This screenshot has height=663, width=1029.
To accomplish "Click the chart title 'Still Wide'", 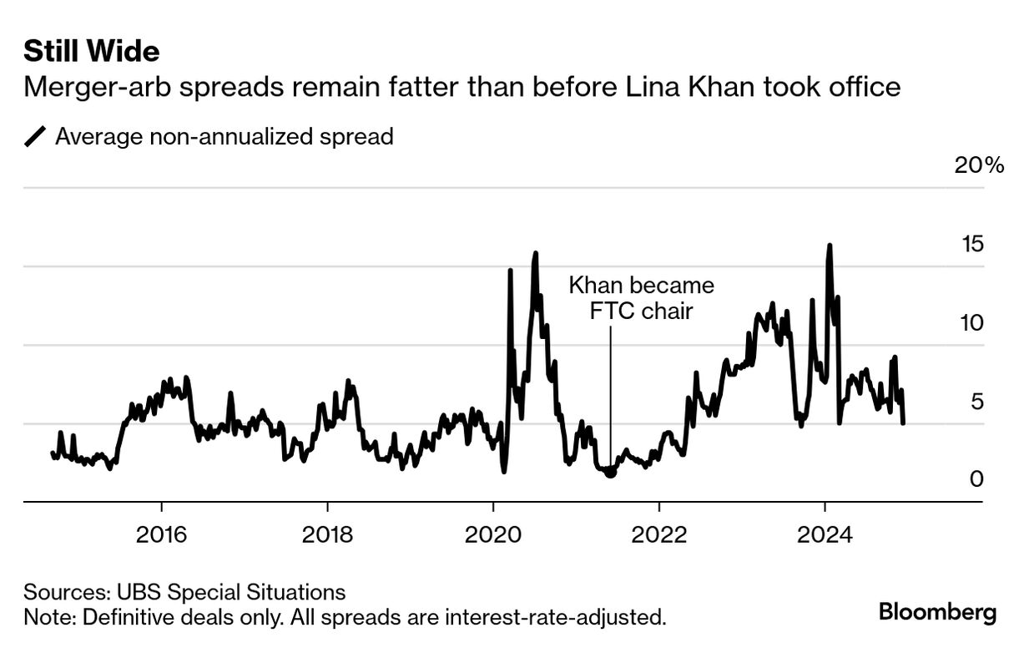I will [92, 52].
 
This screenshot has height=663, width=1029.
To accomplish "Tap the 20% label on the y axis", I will [979, 164].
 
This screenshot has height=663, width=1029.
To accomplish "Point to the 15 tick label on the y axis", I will [974, 244].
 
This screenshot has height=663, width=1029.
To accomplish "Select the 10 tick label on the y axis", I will [974, 322].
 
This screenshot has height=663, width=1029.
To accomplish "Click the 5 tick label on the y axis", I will [977, 402].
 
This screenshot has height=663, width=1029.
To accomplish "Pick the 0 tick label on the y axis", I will [977, 479].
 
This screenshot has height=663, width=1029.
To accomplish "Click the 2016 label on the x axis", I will [161, 534].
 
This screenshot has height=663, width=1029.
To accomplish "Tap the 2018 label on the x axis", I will [327, 534].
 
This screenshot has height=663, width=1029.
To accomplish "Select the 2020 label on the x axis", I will [492, 534].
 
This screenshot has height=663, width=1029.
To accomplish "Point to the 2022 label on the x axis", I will [658, 534].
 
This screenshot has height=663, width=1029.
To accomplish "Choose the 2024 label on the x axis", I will [825, 534].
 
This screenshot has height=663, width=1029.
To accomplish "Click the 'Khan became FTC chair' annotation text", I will [641, 298].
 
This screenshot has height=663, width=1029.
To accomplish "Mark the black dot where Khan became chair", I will [610, 472].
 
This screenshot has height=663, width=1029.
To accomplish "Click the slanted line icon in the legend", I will [35, 136].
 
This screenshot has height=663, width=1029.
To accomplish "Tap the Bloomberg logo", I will [937, 612].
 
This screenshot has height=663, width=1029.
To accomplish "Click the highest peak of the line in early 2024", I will [829, 245].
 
